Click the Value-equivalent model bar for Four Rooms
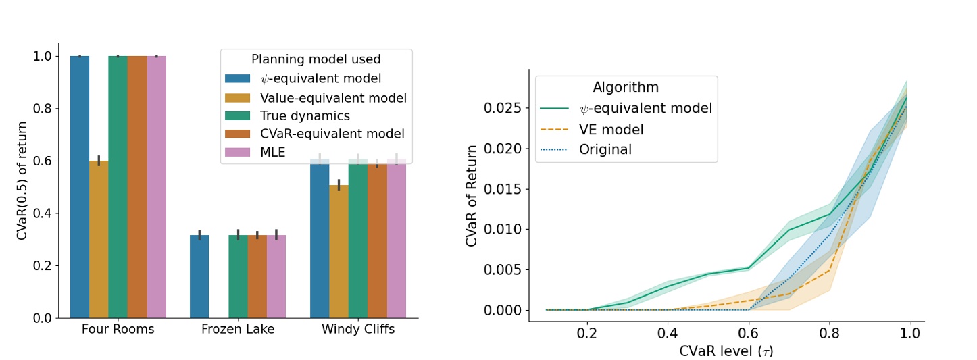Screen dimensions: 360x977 (99, 239)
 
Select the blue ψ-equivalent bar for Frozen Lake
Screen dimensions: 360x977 (199, 277)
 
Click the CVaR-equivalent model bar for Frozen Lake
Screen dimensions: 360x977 (257, 277)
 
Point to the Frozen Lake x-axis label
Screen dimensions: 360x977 (238, 330)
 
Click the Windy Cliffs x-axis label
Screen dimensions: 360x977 (358, 330)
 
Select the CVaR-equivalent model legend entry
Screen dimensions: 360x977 (322, 134)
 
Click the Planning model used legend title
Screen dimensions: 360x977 (316, 60)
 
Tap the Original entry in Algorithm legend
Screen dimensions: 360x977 (605, 149)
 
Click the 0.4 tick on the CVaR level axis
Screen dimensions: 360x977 (668, 334)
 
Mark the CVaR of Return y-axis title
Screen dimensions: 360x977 (473, 195)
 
